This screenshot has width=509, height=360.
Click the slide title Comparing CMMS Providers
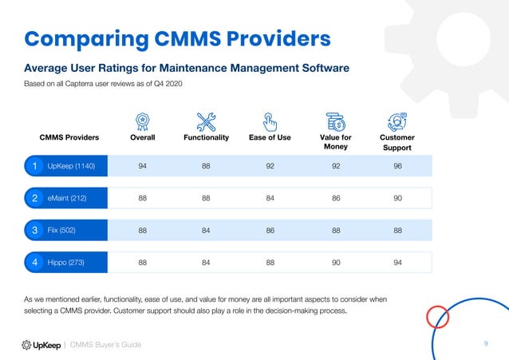(x=176, y=38)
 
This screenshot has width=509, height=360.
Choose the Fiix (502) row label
(x=61, y=230)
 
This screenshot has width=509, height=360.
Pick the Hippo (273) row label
(x=65, y=262)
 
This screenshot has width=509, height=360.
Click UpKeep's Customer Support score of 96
(x=397, y=166)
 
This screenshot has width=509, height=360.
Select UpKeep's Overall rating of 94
(x=142, y=166)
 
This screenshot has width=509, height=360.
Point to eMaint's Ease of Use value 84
(x=270, y=198)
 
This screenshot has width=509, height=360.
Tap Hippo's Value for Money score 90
(x=333, y=262)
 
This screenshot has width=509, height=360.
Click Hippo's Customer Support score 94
(x=397, y=262)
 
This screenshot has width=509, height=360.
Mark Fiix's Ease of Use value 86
(x=270, y=230)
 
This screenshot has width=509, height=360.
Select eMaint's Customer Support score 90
(x=397, y=198)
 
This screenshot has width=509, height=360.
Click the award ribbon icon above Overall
(x=142, y=121)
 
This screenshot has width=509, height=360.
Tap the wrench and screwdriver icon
(x=206, y=121)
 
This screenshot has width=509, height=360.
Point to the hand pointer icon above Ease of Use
(x=270, y=121)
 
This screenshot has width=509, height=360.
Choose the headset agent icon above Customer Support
(x=397, y=121)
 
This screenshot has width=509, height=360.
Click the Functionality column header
(x=206, y=137)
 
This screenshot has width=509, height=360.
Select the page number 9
(x=486, y=343)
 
